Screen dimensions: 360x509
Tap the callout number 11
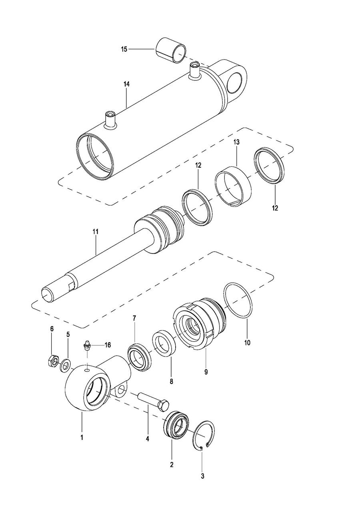95,232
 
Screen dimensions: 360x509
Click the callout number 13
236,142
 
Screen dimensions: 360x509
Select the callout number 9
206,372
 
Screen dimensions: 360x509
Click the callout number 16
108,345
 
